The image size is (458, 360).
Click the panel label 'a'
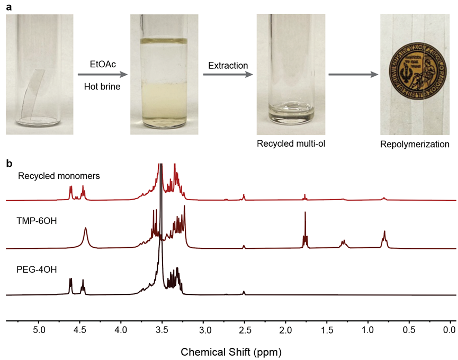click(8, 6)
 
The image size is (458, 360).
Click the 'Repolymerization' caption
click(415, 144)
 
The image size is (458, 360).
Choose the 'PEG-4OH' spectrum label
click(37, 269)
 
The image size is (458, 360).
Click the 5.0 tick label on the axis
click(39, 331)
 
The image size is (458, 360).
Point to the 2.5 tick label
click(244, 331)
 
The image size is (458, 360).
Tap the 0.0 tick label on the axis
click(450, 331)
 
